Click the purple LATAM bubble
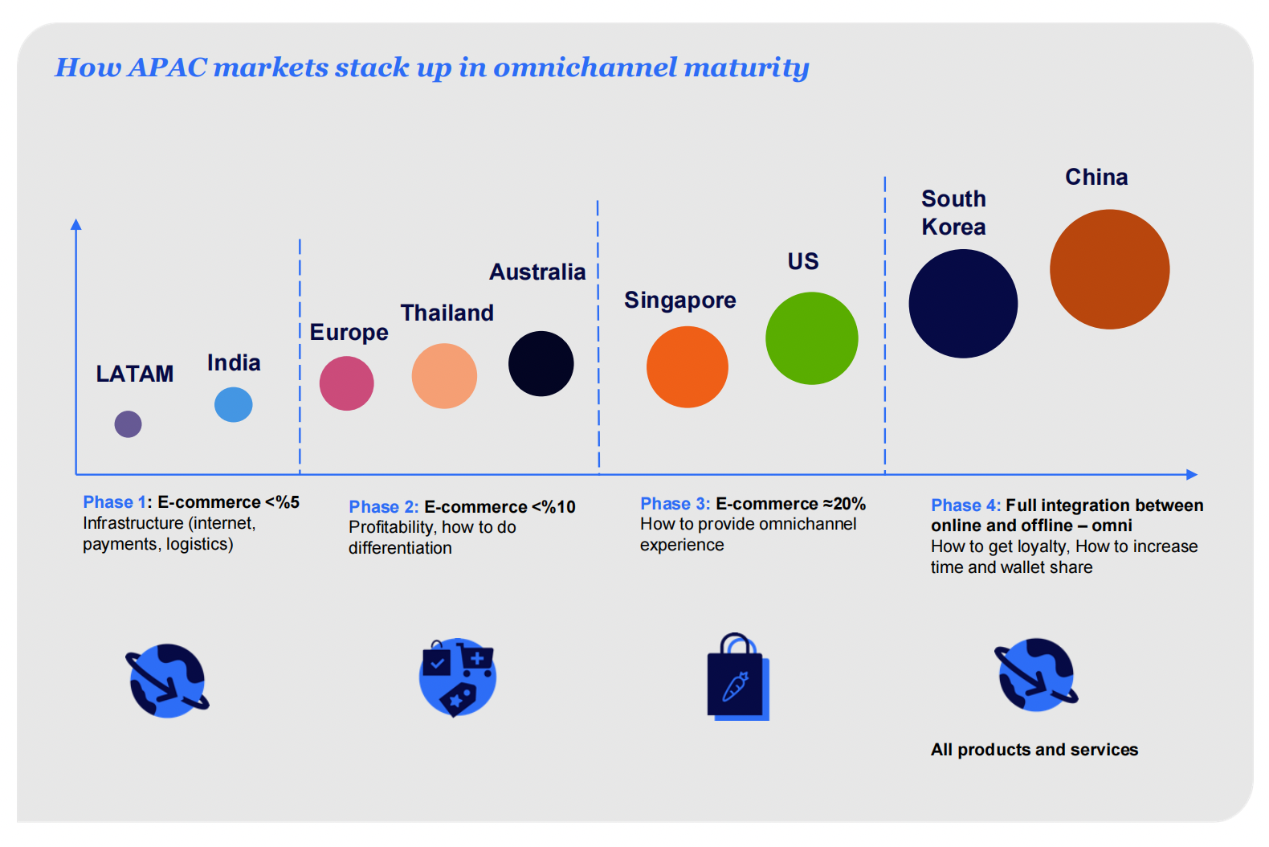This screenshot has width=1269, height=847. tap(128, 424)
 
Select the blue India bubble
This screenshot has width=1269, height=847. tap(234, 405)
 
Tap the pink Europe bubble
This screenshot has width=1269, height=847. tap(347, 383)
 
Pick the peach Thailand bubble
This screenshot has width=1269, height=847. tap(444, 376)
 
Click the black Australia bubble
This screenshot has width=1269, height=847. tap(541, 364)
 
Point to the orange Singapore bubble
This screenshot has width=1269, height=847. tap(688, 366)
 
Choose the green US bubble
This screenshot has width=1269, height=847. tap(812, 338)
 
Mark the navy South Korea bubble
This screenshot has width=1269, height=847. tap(963, 304)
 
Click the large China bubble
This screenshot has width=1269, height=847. tap(1110, 269)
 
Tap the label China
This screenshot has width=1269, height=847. tap(1097, 178)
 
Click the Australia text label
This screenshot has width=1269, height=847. tap(537, 272)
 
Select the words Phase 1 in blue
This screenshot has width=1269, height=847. tap(115, 502)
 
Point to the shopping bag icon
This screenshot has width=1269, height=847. tap(738, 677)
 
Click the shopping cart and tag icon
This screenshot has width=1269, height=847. tap(458, 677)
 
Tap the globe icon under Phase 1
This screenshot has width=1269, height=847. tap(167, 681)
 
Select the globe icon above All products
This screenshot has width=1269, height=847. tap(1036, 675)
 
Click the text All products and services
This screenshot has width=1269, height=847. tap(1034, 750)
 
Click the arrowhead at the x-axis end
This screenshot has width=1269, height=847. tap(1192, 474)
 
